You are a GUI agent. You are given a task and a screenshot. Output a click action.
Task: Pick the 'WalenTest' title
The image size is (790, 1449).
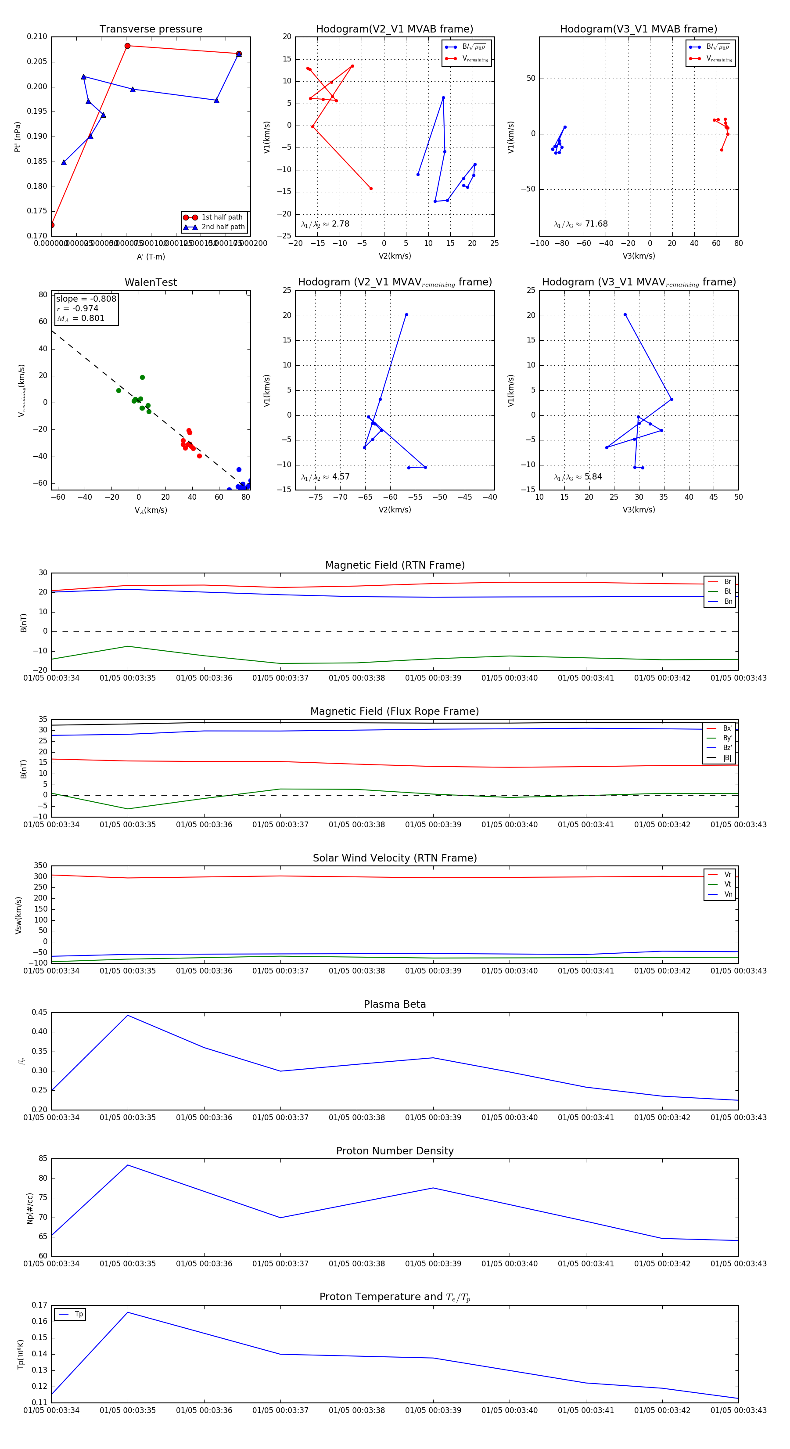click(151, 282)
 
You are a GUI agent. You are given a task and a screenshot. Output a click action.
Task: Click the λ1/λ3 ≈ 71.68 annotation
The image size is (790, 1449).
click(581, 224)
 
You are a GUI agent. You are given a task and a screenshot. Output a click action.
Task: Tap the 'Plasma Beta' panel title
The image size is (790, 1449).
click(395, 1005)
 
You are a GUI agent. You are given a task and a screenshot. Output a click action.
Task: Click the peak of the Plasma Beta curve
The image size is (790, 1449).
click(128, 1015)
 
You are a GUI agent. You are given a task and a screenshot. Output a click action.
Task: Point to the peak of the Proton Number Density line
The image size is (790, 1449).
click(128, 1165)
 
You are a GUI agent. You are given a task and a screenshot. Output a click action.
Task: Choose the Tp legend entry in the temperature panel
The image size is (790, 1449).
click(78, 1315)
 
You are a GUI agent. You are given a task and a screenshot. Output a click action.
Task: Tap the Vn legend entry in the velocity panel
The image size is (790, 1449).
click(728, 894)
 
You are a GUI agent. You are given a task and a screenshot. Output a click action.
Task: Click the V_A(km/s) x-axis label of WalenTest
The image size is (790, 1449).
click(151, 510)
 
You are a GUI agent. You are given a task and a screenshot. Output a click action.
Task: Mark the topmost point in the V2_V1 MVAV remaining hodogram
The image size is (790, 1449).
click(406, 315)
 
